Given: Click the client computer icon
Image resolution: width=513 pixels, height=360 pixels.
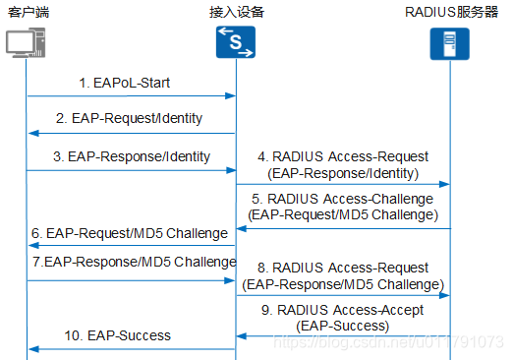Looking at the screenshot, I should coord(27,45).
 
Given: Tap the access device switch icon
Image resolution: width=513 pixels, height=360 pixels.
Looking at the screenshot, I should coord(236,43).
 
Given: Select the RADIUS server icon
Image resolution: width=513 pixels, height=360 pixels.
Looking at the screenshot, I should coord(450,44).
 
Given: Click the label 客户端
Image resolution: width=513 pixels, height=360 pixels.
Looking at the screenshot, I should coord(28,12).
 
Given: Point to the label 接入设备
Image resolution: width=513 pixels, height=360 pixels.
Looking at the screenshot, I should coord(237,12).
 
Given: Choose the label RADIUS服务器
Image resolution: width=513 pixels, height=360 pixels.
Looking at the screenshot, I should coord(451,12).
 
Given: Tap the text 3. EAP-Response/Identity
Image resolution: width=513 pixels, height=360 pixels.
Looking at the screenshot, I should coord(131,155).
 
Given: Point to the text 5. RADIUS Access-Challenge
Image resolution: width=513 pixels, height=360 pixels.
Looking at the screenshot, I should coord(343,198).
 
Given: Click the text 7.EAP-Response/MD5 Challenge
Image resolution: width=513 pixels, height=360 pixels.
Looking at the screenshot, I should coord(133,262).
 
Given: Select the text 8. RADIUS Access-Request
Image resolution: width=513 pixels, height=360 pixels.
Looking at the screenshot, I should coord(343,268).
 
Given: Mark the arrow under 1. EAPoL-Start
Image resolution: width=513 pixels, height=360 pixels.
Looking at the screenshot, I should coord(131,96).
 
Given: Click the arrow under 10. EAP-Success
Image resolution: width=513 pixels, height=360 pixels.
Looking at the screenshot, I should coord(131,348).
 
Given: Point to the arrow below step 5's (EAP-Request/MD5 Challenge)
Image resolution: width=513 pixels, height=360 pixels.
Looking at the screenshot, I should coord(343,228).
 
